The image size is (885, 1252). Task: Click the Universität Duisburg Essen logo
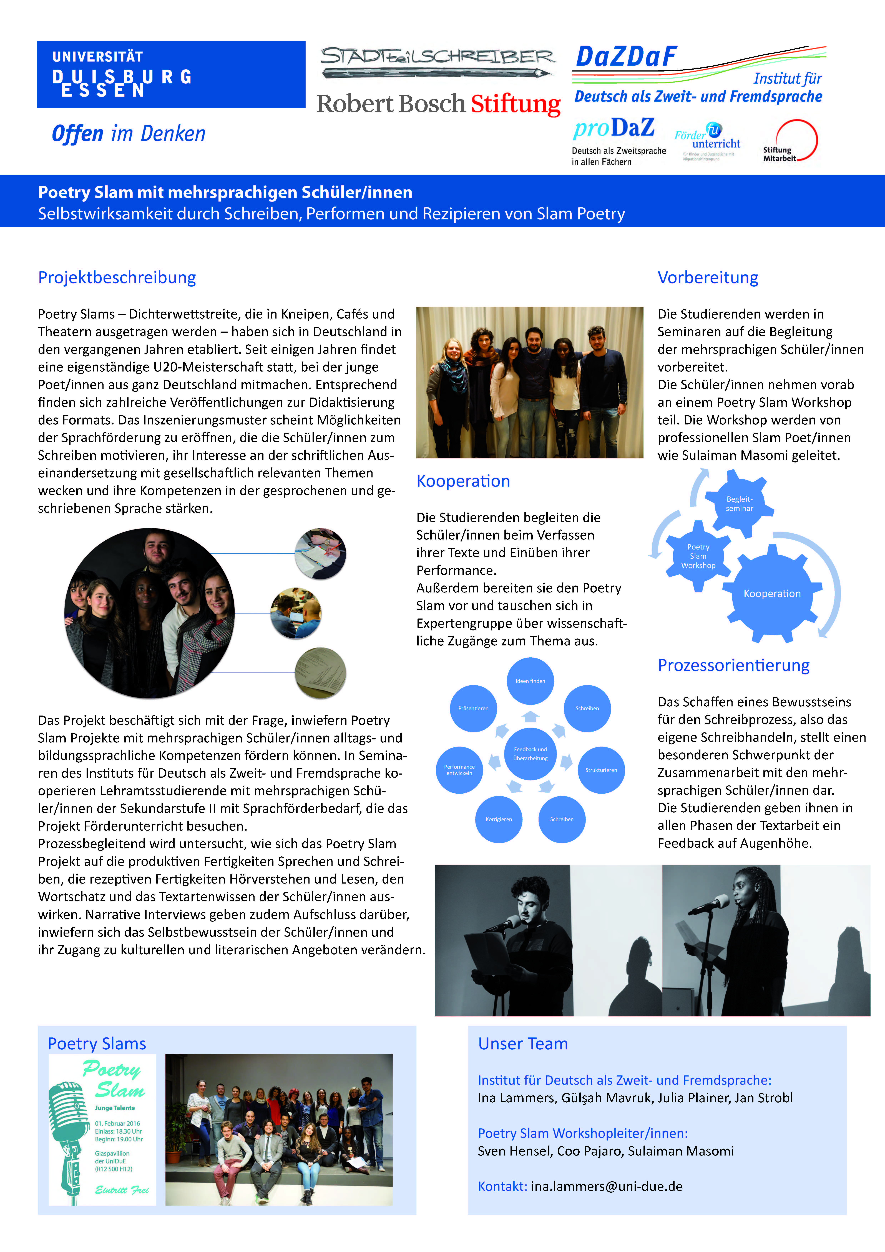coord(171,75)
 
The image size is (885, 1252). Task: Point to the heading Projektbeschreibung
coord(117,278)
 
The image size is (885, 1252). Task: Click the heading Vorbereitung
coord(708,278)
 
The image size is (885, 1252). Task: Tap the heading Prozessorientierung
coord(733,665)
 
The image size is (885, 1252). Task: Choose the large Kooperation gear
coord(772,593)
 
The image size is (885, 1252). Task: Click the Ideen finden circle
coord(530,681)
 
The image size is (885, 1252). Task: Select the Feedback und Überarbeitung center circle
coord(530,754)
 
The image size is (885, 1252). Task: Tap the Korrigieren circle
coord(499,819)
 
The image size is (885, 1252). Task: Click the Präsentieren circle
coord(473,708)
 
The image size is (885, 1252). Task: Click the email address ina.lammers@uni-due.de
coord(607,1186)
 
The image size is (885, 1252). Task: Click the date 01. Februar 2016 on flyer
coord(117,1123)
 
